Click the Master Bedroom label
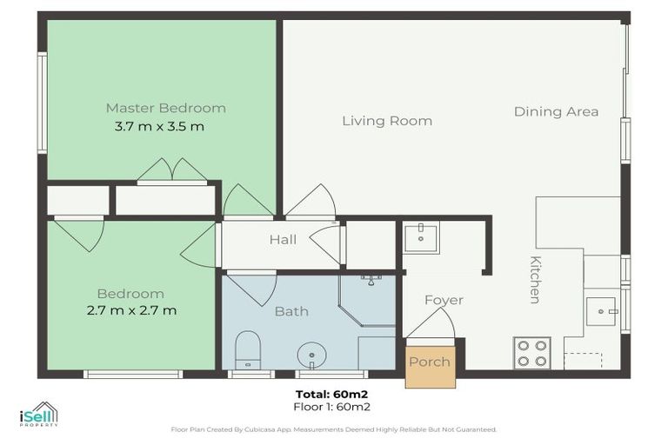(x=166, y=108)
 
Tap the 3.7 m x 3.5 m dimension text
(x=159, y=127)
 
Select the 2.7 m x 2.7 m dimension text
(x=131, y=310)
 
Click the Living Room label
(x=387, y=121)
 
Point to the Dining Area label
(x=556, y=111)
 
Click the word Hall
(x=283, y=239)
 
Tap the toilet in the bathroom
(x=248, y=350)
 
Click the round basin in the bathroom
(x=312, y=355)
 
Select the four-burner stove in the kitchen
(x=532, y=353)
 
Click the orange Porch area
(x=431, y=367)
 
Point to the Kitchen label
(x=535, y=280)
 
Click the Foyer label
(x=444, y=300)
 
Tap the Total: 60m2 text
(x=332, y=394)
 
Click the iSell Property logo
(x=39, y=414)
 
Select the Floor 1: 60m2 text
(x=332, y=407)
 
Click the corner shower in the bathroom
(x=367, y=301)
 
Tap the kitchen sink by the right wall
(x=601, y=312)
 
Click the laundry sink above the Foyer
(x=421, y=239)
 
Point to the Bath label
(x=291, y=311)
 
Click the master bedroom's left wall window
(x=42, y=103)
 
